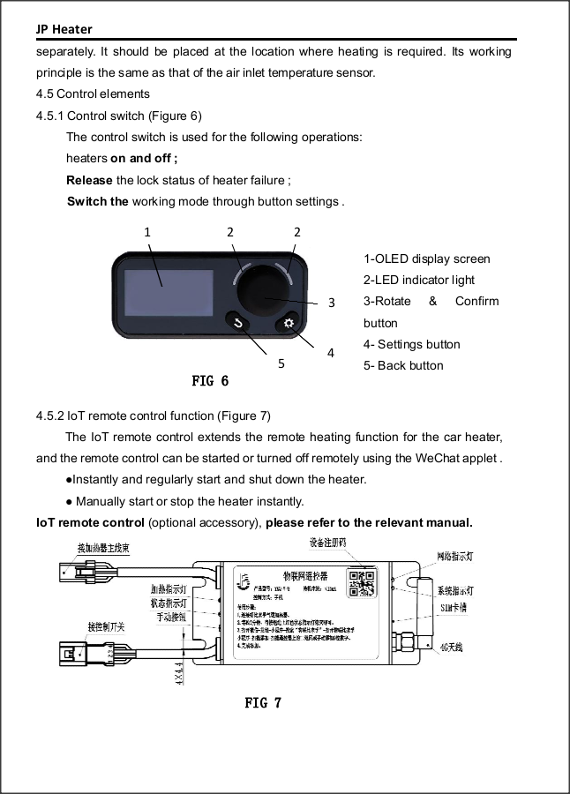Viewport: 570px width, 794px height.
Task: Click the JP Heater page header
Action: pyautogui.click(x=64, y=30)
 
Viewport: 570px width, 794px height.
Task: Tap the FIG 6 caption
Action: pyautogui.click(x=210, y=381)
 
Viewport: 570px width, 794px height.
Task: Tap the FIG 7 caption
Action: pyautogui.click(x=263, y=702)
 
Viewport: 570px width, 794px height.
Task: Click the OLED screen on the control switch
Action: pyautogui.click(x=169, y=292)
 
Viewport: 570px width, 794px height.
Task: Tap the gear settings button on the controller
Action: pyautogui.click(x=289, y=324)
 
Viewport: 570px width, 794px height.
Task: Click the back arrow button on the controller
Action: pyautogui.click(x=237, y=323)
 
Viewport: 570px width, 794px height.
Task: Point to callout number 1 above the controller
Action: pyautogui.click(x=147, y=232)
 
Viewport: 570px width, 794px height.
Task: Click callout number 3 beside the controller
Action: pyautogui.click(x=331, y=303)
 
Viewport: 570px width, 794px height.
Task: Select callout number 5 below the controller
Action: pyautogui.click(x=281, y=362)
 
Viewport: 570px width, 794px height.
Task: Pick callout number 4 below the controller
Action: pyautogui.click(x=330, y=353)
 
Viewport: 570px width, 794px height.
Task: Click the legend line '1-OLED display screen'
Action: pyautogui.click(x=426, y=258)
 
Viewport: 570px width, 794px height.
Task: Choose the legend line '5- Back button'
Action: pyautogui.click(x=403, y=365)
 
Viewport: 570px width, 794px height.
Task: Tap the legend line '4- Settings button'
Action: pyautogui.click(x=411, y=344)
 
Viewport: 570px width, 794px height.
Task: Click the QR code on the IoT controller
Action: pyautogui.click(x=363, y=580)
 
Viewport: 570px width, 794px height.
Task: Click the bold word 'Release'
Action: pyautogui.click(x=89, y=181)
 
